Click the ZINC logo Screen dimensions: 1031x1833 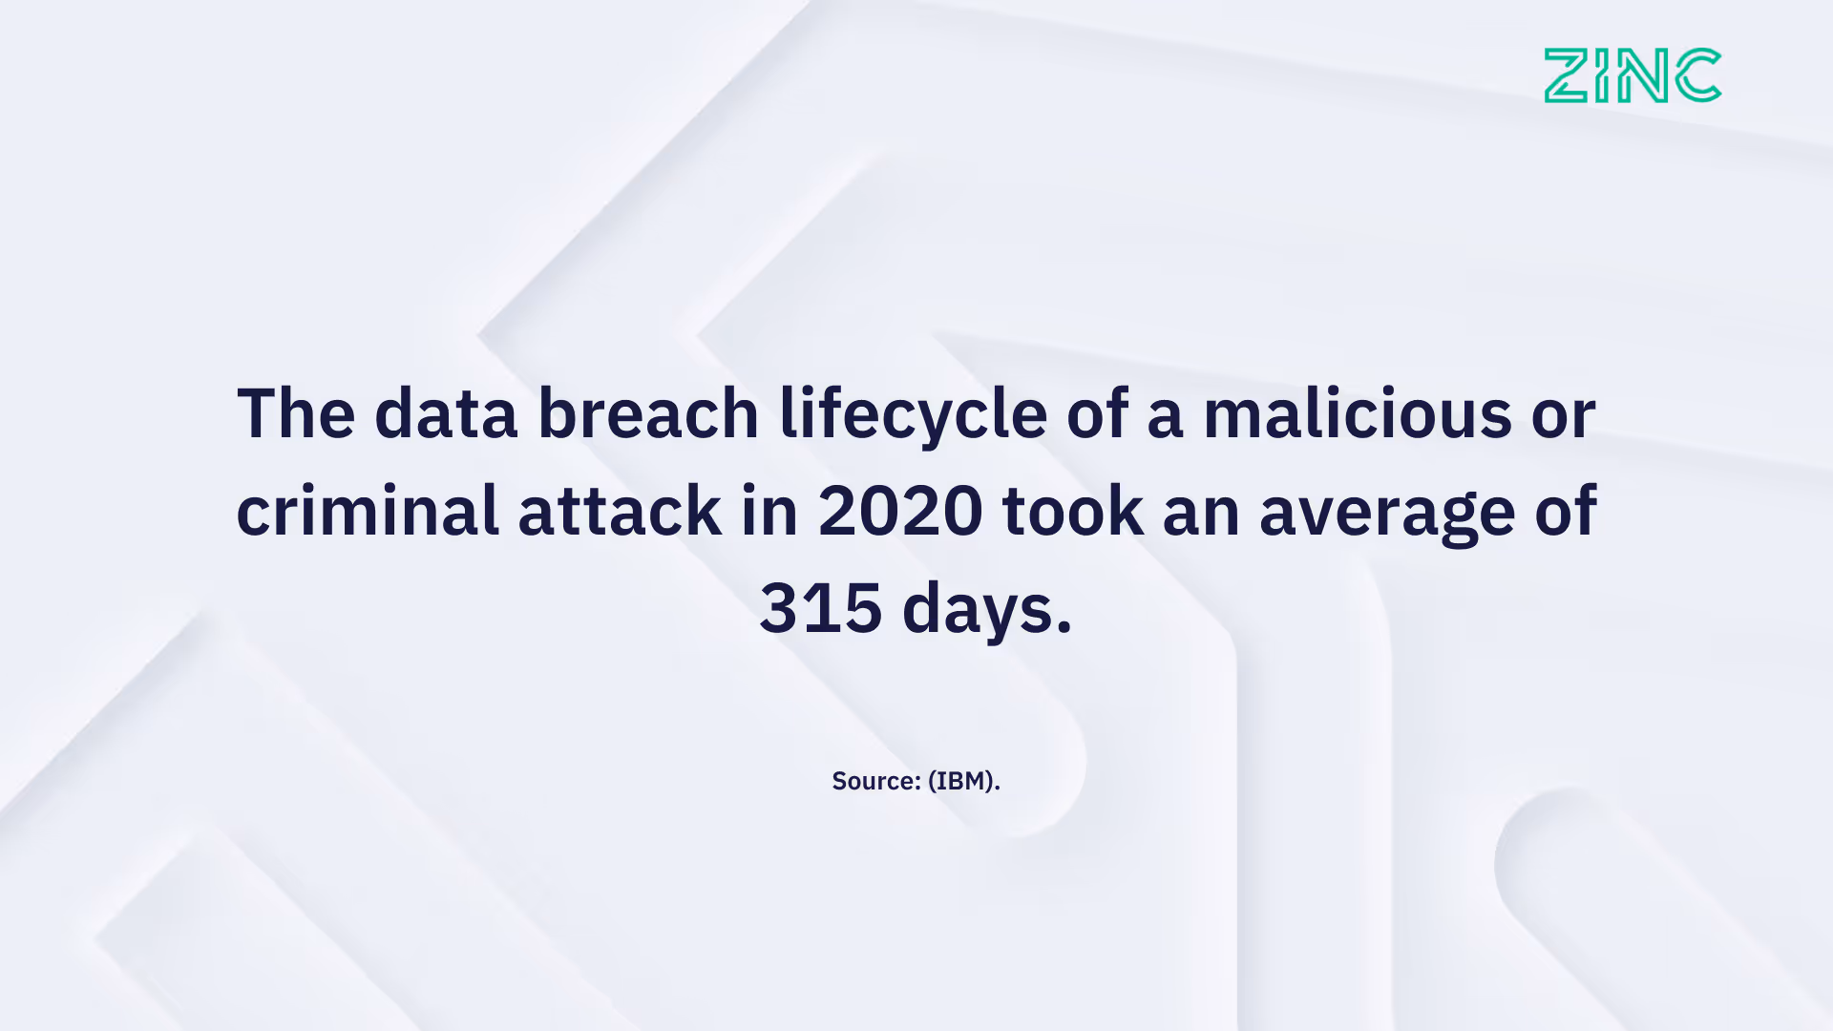(x=1633, y=75)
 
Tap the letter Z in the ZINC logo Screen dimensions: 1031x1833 (x=1567, y=75)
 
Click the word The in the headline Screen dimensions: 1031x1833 (x=296, y=413)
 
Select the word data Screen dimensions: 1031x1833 (x=446, y=413)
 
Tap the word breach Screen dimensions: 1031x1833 (x=648, y=413)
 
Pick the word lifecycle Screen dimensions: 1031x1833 (x=913, y=415)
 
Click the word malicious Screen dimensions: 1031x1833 (x=1357, y=413)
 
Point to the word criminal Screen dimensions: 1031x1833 (x=368, y=511)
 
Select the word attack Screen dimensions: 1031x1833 (x=620, y=511)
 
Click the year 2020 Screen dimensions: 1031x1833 (x=900, y=511)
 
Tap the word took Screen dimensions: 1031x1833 (x=1072, y=511)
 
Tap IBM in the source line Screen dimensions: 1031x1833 (x=960, y=781)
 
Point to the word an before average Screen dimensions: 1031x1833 (x=1201, y=513)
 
